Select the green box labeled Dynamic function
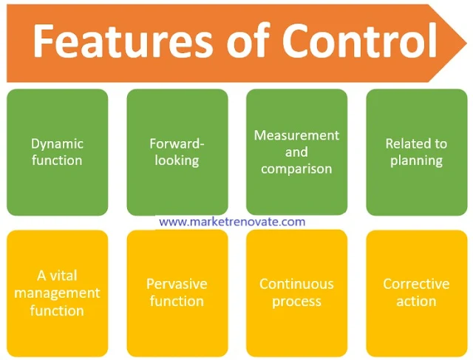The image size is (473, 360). pos(57,152)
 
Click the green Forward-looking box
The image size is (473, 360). pos(177,152)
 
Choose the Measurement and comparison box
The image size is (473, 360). pos(296,152)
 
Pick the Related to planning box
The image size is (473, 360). pos(416,152)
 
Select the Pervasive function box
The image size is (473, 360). pos(177,293)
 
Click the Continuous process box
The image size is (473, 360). pos(296,293)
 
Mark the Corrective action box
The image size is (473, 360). pos(416,293)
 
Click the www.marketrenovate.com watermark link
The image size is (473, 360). pos(232,221)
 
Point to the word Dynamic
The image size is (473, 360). pos(57,143)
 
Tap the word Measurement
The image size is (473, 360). pos(296,135)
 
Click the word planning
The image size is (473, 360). pos(416,160)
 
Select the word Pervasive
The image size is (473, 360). pos(177,284)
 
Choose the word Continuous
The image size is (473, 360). pos(296,284)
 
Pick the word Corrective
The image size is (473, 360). pos(416,284)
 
